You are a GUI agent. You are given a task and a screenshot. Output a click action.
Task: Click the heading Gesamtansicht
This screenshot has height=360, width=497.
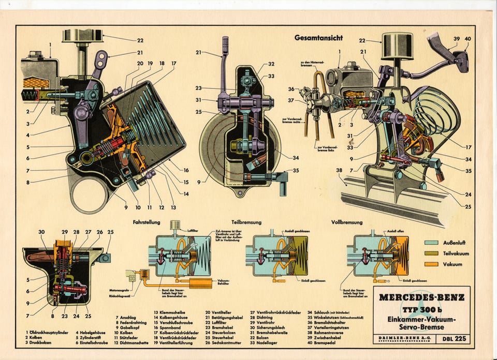click(x=318, y=38)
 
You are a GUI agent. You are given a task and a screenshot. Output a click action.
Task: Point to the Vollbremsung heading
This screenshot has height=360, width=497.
click(x=346, y=222)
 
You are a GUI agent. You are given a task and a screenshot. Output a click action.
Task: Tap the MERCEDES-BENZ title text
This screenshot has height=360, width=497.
click(x=421, y=297)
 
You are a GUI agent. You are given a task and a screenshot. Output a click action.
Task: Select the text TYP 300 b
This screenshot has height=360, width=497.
click(x=421, y=309)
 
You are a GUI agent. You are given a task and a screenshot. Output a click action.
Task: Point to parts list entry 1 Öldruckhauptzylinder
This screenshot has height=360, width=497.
click(x=49, y=332)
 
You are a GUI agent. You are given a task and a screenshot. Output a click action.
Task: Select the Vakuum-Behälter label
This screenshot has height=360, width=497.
click(x=224, y=282)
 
